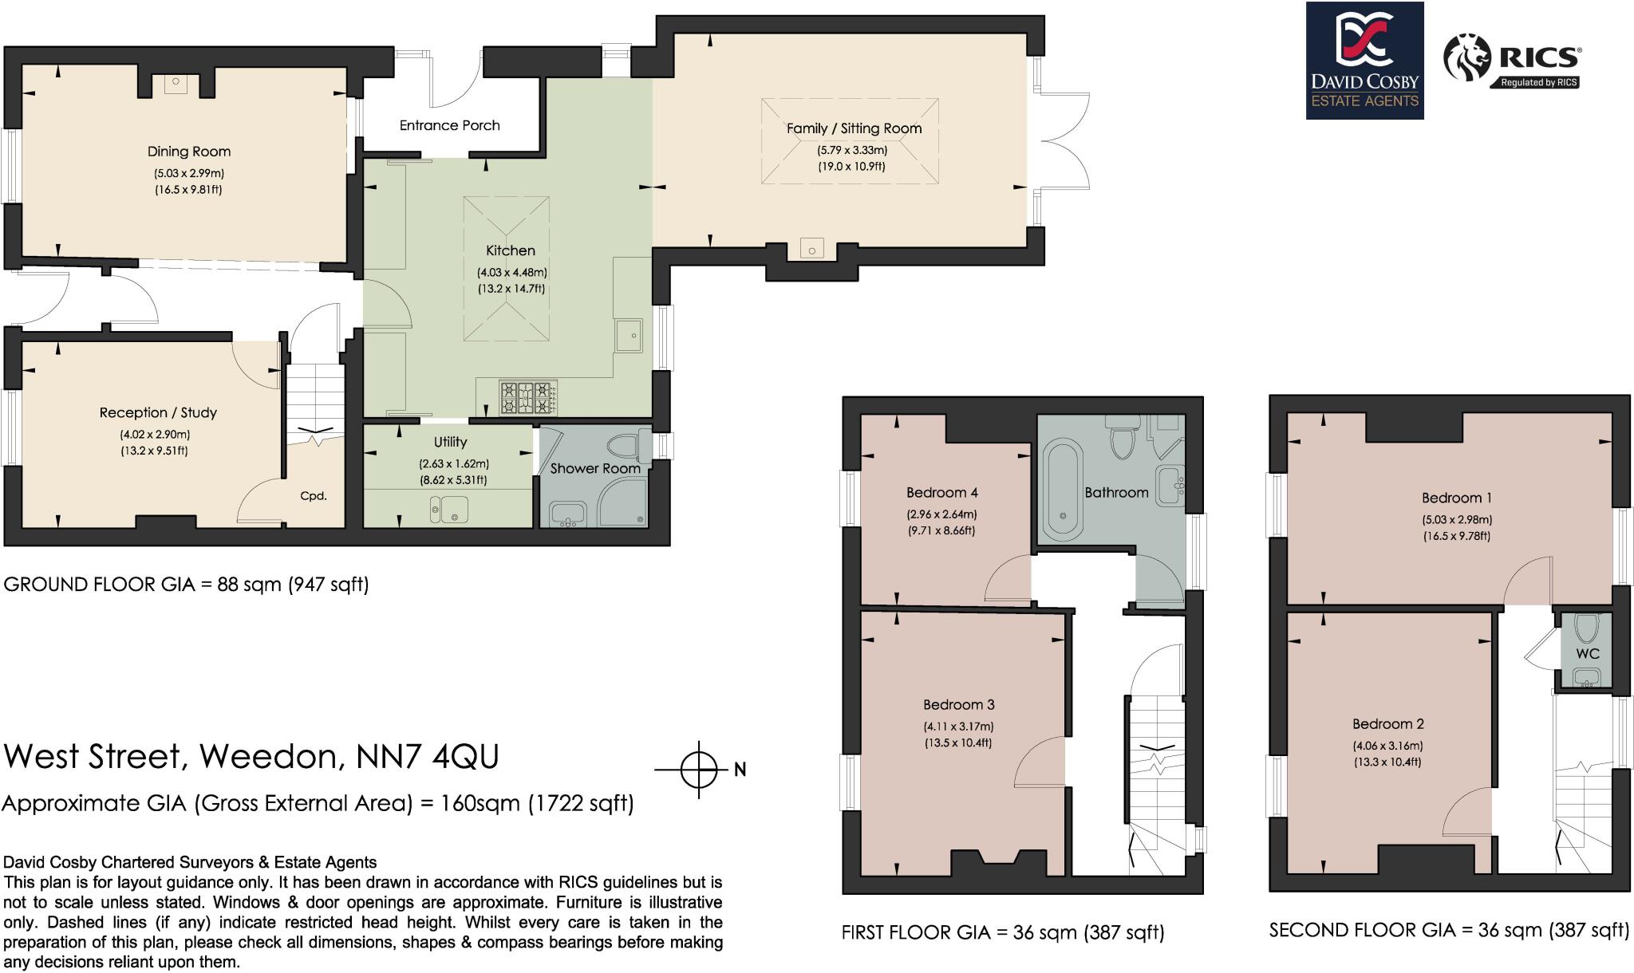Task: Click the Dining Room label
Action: pyautogui.click(x=188, y=152)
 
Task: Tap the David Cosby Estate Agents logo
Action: pyautogui.click(x=1364, y=61)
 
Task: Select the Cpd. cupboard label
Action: pyautogui.click(x=314, y=496)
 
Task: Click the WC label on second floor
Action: pyautogui.click(x=1587, y=653)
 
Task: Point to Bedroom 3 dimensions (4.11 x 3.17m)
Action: pyautogui.click(x=958, y=727)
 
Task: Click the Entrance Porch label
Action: pyautogui.click(x=449, y=125)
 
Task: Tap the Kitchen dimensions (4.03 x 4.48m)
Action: pyautogui.click(x=511, y=272)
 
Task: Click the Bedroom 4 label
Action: pyautogui.click(x=941, y=492)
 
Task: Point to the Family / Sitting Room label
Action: pyautogui.click(x=854, y=128)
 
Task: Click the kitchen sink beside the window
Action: pyautogui.click(x=630, y=335)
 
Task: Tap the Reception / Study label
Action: pyautogui.click(x=158, y=412)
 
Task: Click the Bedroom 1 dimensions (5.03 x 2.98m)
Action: pyautogui.click(x=1456, y=519)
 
